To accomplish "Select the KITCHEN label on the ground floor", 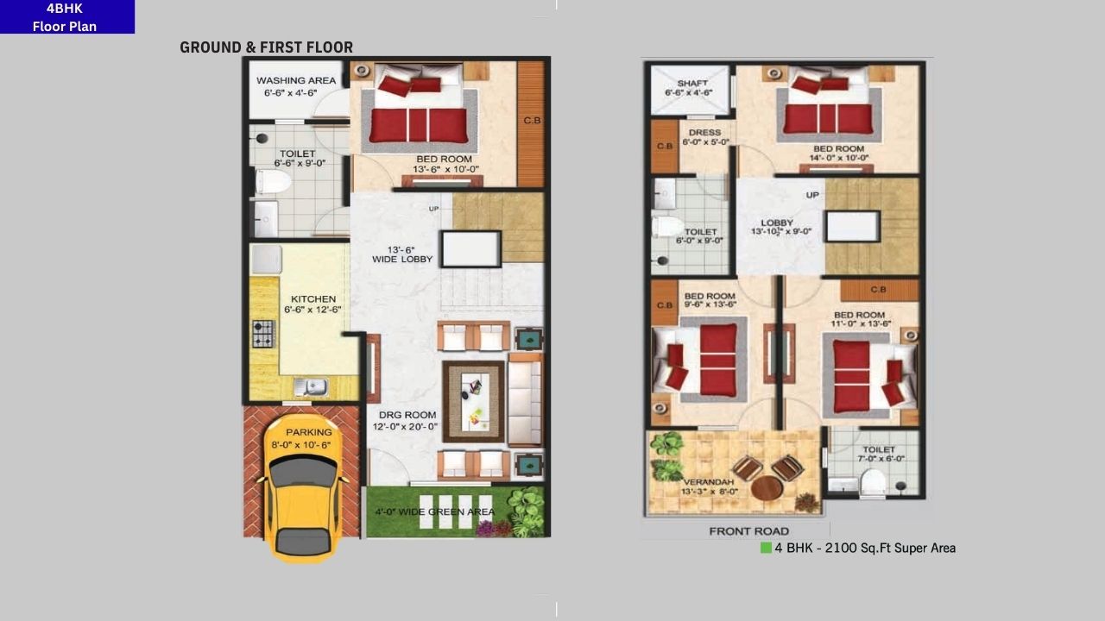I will coord(313,299).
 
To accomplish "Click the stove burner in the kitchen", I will coord(262,334).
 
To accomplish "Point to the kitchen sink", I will coord(310,387).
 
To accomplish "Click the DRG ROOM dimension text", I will coord(405,427).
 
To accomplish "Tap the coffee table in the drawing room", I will coord(473,401).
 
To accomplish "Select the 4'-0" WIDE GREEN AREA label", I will coord(434,511).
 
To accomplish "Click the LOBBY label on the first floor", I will coord(777,223).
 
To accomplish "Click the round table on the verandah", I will coord(767,488).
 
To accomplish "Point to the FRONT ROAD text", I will coord(748,530).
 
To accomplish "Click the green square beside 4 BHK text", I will coord(765,548).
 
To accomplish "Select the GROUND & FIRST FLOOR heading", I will coord(266,47).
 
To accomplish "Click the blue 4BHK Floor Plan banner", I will coord(66,17).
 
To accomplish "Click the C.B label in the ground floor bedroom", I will coord(532,121).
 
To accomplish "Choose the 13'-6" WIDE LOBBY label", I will coord(402,254).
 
